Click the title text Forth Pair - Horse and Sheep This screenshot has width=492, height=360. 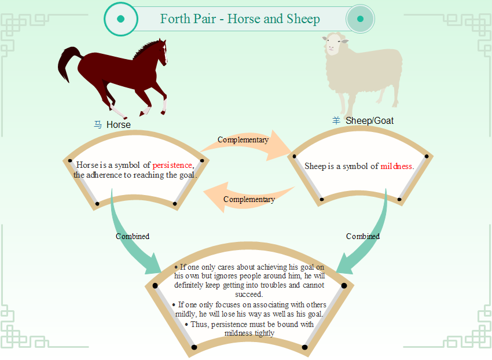240,19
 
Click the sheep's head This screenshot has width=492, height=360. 334,44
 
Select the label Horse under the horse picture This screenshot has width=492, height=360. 118,124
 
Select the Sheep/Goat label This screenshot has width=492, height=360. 370,120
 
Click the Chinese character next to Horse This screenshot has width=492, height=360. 98,124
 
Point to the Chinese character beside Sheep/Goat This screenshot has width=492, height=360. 336,120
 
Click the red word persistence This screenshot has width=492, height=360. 172,165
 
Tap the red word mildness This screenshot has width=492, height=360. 396,166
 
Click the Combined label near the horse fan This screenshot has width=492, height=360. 133,236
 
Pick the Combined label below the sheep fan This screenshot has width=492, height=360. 363,236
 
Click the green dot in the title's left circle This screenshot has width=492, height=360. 121,19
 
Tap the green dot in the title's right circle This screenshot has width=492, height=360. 360,19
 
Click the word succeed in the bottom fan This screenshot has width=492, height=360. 248,295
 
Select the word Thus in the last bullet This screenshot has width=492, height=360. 200,324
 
